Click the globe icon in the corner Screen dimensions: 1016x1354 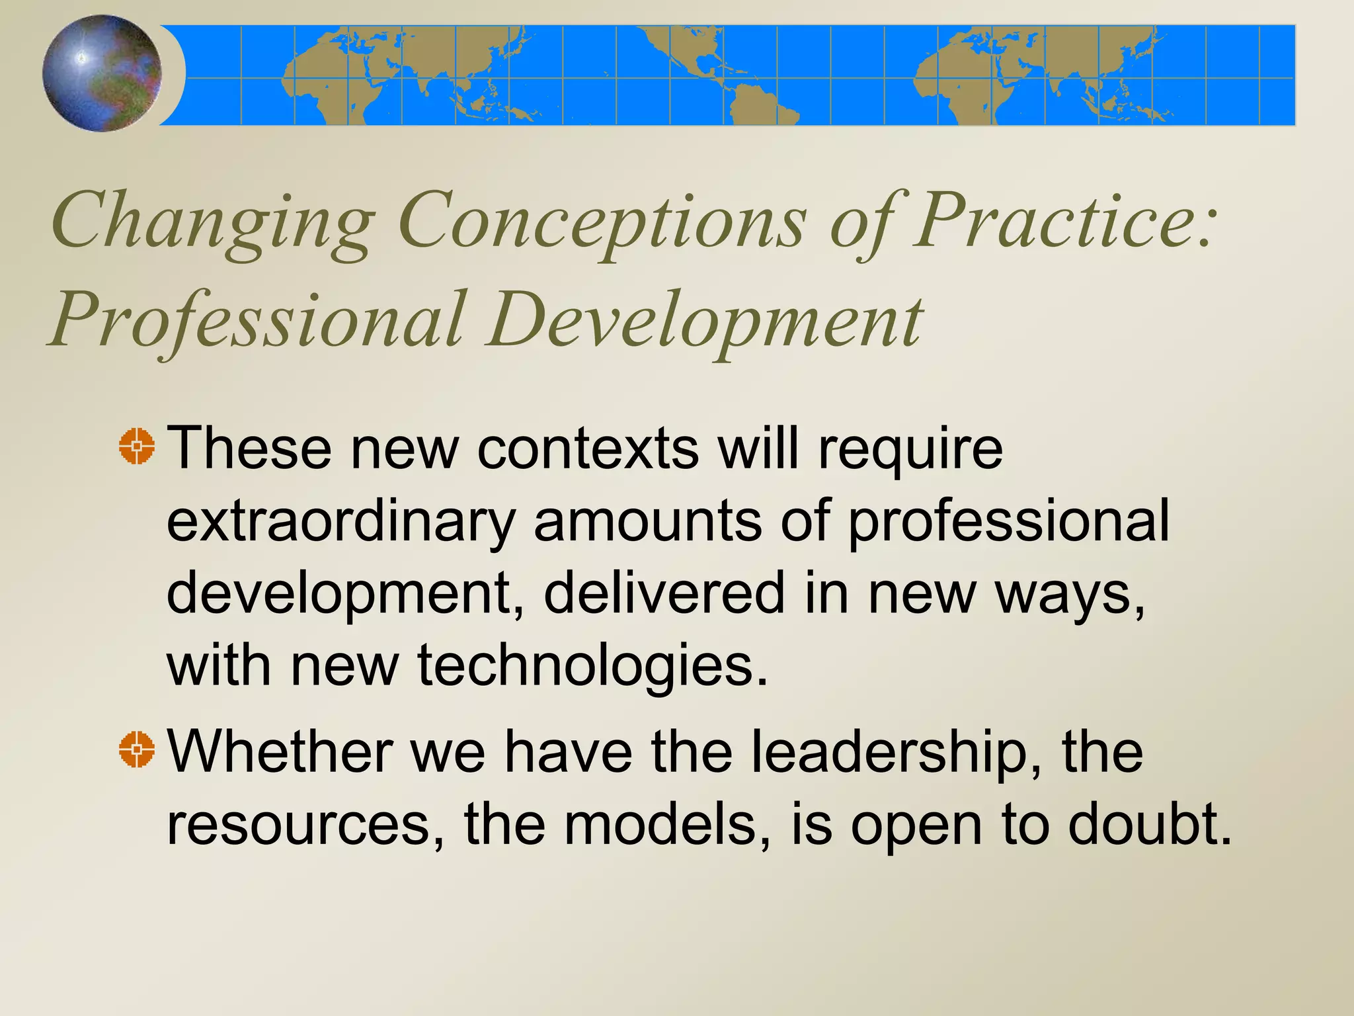(102, 73)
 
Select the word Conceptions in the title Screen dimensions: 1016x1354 (602, 222)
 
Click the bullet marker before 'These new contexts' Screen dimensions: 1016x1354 (137, 446)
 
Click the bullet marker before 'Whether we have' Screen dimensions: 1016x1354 (137, 750)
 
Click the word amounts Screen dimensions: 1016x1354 (648, 521)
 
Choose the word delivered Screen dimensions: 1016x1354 (664, 593)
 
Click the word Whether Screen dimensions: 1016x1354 (280, 751)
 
